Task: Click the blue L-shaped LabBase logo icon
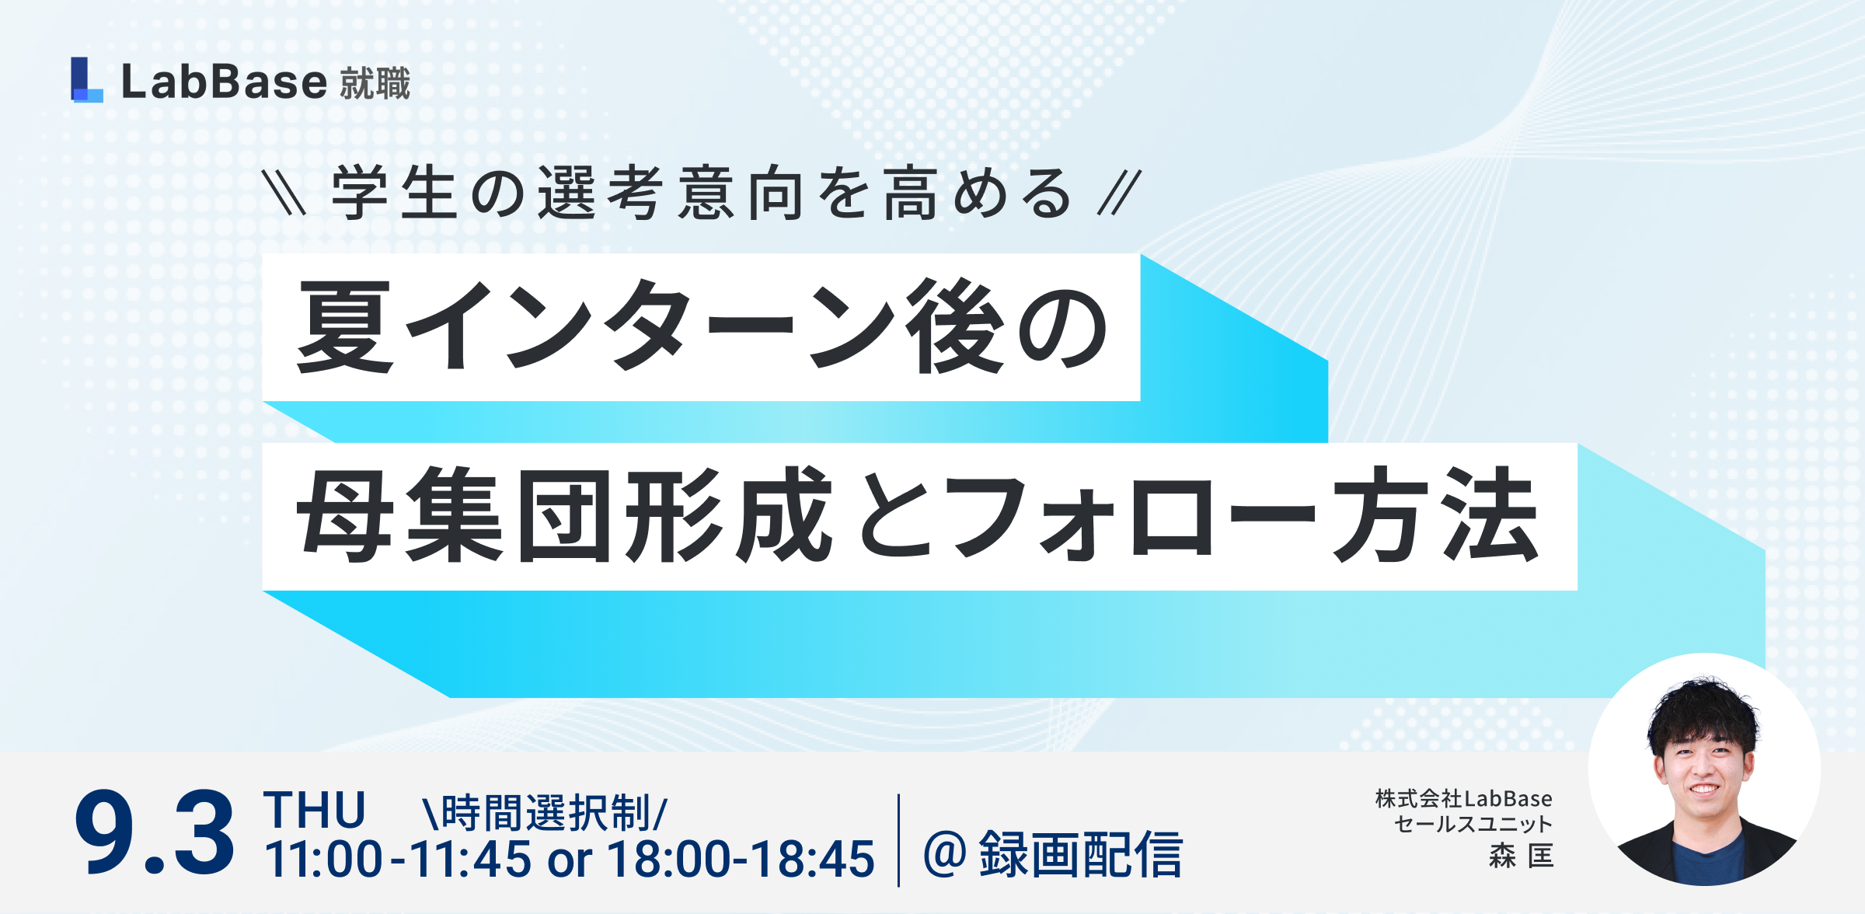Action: (x=86, y=79)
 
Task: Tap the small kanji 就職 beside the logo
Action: (x=375, y=83)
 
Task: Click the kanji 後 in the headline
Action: (x=959, y=326)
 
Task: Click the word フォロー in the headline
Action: (x=1135, y=516)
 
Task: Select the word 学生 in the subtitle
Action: (x=394, y=193)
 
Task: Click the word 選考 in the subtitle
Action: (x=601, y=193)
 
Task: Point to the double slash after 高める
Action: (x=1119, y=193)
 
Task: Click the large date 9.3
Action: (x=154, y=833)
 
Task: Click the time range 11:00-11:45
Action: (x=399, y=859)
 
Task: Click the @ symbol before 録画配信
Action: (x=945, y=853)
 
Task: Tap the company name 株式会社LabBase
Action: (x=1464, y=799)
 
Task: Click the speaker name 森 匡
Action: (x=1522, y=856)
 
